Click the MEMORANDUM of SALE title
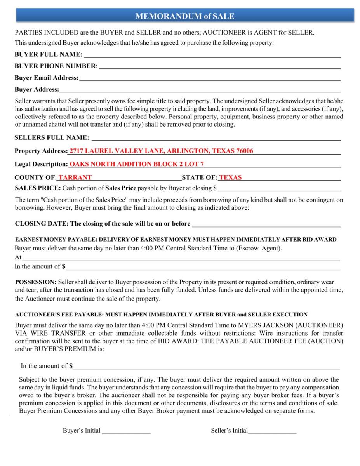pyautogui.click(x=184, y=16)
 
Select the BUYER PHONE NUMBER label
pyautogui.click(x=55, y=66)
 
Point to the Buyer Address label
pyautogui.click(x=37, y=90)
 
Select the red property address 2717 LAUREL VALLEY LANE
pyautogui.click(x=161, y=151)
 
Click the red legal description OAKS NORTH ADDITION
pyautogui.click(x=136, y=164)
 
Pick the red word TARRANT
pyautogui.click(x=75, y=178)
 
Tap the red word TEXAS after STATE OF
pyautogui.click(x=230, y=178)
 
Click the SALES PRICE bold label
pyautogui.click(x=38, y=188)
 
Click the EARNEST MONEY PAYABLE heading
pyautogui.click(x=176, y=239)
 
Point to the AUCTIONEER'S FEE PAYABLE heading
pyautogui.click(x=161, y=315)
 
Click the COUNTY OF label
pyautogui.click(x=35, y=178)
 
